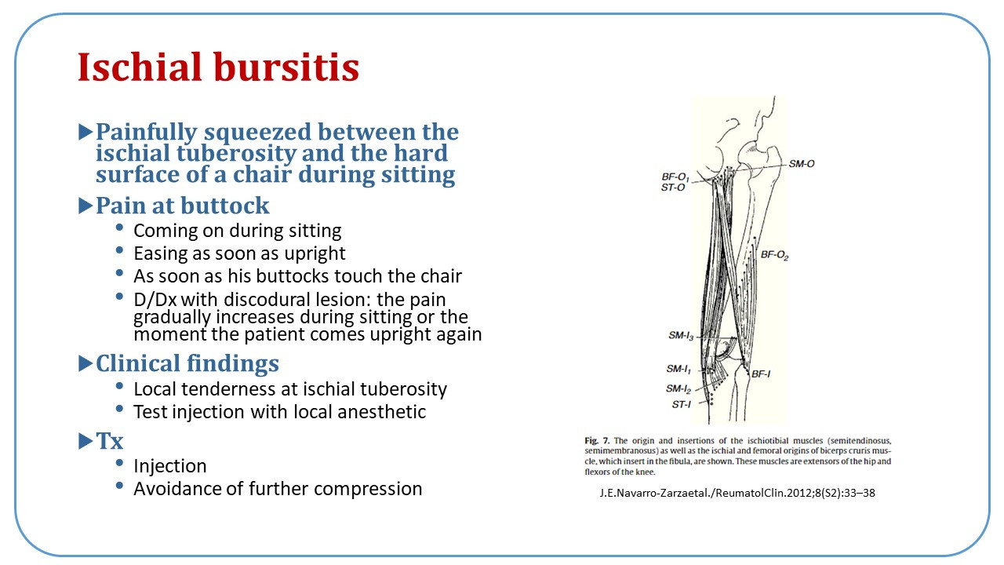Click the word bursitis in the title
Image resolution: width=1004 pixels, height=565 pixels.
286,67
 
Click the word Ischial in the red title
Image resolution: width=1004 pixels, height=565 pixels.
140,67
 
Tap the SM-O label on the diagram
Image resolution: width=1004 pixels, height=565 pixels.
802,164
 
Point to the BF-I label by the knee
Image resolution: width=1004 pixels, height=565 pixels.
761,374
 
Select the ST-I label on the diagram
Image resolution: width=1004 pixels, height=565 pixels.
681,404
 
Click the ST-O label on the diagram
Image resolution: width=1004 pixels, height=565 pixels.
673,188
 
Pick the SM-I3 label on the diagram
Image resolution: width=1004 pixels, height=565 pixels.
681,336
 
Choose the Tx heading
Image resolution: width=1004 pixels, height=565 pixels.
109,441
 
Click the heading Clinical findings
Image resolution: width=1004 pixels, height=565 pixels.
187,363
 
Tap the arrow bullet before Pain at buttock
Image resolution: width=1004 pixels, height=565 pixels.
85,206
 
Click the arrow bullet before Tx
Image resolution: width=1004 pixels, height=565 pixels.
85,441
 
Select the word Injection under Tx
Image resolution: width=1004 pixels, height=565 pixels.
170,466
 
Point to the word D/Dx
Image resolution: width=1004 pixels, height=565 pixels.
155,300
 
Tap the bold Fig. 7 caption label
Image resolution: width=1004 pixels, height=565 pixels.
597,440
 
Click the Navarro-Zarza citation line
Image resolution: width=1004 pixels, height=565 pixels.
737,494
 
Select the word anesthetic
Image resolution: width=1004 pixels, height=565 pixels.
381,412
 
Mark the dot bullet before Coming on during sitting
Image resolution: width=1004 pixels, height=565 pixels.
119,228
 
